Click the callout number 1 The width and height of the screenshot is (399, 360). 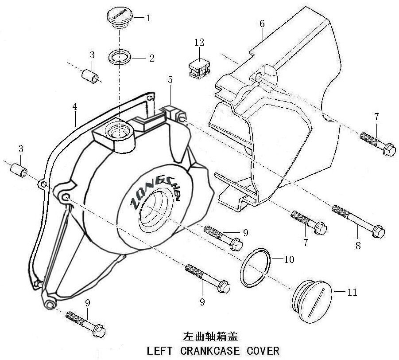[x=149, y=18]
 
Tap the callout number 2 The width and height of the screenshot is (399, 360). [x=151, y=58]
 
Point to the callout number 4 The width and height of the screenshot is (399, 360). [x=75, y=107]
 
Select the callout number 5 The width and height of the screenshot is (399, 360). [x=170, y=80]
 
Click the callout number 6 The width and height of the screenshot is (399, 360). [x=262, y=23]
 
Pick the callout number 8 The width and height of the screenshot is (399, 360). [x=358, y=245]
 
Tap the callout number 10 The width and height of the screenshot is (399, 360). [x=288, y=259]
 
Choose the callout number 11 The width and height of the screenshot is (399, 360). [x=353, y=292]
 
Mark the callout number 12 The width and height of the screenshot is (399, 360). [x=199, y=42]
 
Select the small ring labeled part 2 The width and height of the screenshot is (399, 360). [x=120, y=57]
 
